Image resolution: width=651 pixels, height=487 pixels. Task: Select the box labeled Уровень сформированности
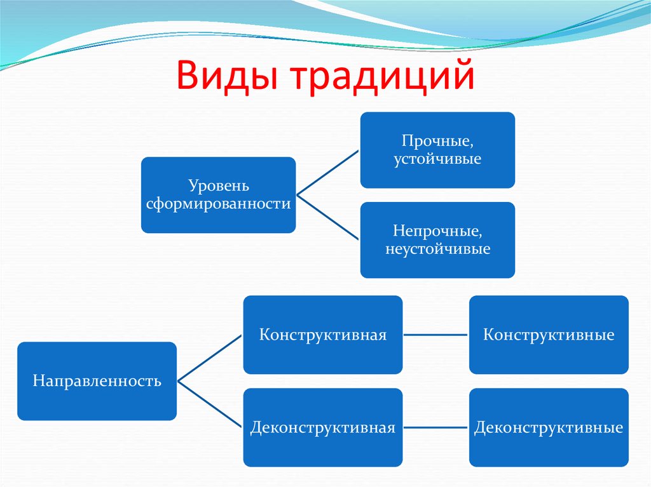pyautogui.click(x=218, y=195)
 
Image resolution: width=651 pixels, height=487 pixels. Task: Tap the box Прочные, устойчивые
pyautogui.click(x=437, y=150)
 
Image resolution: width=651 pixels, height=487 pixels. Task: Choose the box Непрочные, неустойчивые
pyautogui.click(x=437, y=239)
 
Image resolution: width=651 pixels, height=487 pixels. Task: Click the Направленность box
pyautogui.click(x=97, y=381)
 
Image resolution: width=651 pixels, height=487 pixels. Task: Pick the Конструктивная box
pyautogui.click(x=322, y=335)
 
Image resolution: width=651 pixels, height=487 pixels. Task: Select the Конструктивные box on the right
pyautogui.click(x=549, y=335)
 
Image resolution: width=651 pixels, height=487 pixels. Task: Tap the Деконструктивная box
pyautogui.click(x=322, y=427)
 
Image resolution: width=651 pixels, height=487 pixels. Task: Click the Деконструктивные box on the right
pyautogui.click(x=549, y=427)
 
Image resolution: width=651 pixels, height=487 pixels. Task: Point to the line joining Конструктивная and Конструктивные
pyautogui.click(x=435, y=335)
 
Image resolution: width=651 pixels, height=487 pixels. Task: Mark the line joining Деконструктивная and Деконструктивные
pyautogui.click(x=435, y=427)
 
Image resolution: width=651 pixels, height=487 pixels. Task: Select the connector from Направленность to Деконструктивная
pyautogui.click(x=210, y=404)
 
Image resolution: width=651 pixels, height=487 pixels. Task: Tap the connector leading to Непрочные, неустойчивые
pyautogui.click(x=328, y=218)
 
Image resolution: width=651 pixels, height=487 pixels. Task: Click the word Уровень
pyautogui.click(x=218, y=186)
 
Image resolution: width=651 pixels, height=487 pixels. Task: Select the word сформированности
pyautogui.click(x=218, y=204)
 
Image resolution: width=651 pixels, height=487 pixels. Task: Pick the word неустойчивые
pyautogui.click(x=437, y=249)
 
